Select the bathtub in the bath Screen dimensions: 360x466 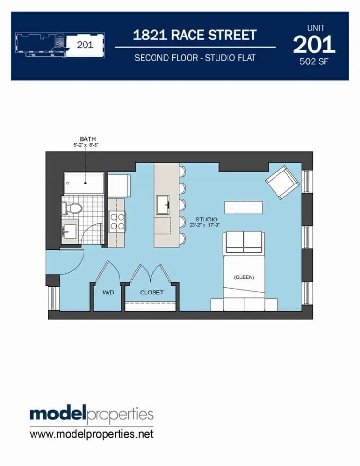84,183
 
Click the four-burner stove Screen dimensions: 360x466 117,221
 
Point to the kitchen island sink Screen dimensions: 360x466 163,205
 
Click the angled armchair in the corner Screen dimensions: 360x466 282,182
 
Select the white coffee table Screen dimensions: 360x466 243,208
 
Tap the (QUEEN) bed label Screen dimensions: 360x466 244,277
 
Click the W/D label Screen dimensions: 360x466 108,293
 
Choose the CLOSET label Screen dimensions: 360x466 152,293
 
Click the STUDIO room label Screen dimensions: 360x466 206,220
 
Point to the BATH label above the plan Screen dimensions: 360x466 88,139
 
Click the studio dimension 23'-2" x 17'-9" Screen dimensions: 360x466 204,225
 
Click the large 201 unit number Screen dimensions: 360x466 314,45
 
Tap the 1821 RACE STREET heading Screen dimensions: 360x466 195,35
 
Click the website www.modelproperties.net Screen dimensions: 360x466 92,434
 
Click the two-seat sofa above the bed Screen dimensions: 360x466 243,243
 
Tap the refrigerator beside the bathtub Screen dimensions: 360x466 119,186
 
